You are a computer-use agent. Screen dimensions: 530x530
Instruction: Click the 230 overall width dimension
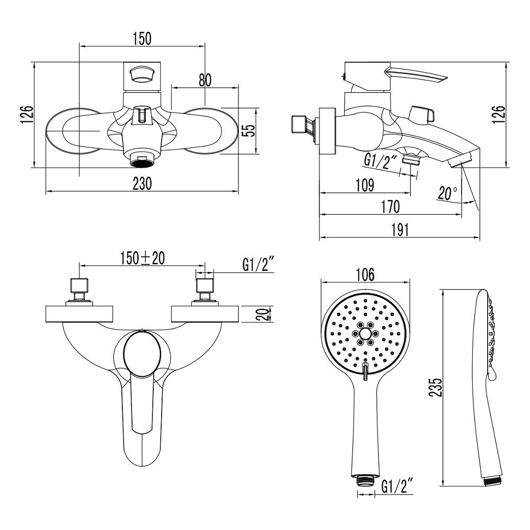pyautogui.click(x=142, y=183)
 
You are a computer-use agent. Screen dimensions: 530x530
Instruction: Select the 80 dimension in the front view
pyautogui.click(x=205, y=80)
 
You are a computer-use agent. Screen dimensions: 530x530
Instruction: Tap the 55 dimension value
pyautogui.click(x=248, y=131)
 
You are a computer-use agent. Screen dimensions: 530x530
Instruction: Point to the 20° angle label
pyautogui.click(x=448, y=193)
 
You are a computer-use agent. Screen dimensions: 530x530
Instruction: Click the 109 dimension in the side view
pyautogui.click(x=364, y=185)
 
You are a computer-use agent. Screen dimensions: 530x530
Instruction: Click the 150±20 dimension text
pyautogui.click(x=142, y=258)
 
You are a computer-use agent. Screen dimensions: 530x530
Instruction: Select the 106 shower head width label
pyautogui.click(x=365, y=275)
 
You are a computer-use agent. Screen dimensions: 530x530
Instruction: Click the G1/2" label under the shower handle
pyautogui.click(x=397, y=484)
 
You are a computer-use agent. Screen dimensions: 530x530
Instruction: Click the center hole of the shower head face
pyautogui.click(x=365, y=334)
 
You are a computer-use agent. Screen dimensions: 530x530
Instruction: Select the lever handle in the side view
pyautogui.click(x=416, y=75)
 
